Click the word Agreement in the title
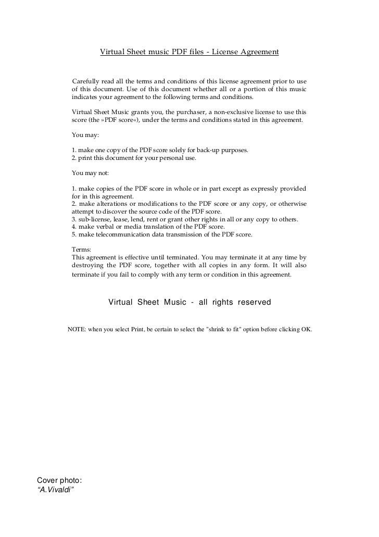(x=260, y=52)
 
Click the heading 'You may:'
(x=81, y=135)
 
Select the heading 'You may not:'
(x=86, y=172)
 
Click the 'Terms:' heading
(x=81, y=250)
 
